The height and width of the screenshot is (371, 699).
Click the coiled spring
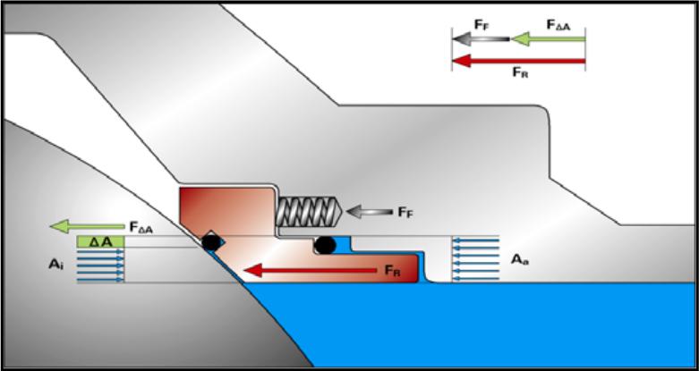[x=310, y=213]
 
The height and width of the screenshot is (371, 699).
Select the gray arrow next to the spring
[x=368, y=213]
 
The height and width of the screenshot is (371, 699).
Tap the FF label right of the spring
[x=405, y=214]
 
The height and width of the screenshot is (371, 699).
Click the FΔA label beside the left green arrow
[x=141, y=229]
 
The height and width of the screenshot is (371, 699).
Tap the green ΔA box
[x=99, y=241]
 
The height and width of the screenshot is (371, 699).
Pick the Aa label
[x=518, y=259]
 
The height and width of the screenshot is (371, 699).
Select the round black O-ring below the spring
[x=325, y=243]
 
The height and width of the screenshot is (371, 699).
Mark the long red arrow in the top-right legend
[x=518, y=61]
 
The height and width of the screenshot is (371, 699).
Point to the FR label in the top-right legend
[x=520, y=75]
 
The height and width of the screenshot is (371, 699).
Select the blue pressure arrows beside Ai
[x=100, y=266]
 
